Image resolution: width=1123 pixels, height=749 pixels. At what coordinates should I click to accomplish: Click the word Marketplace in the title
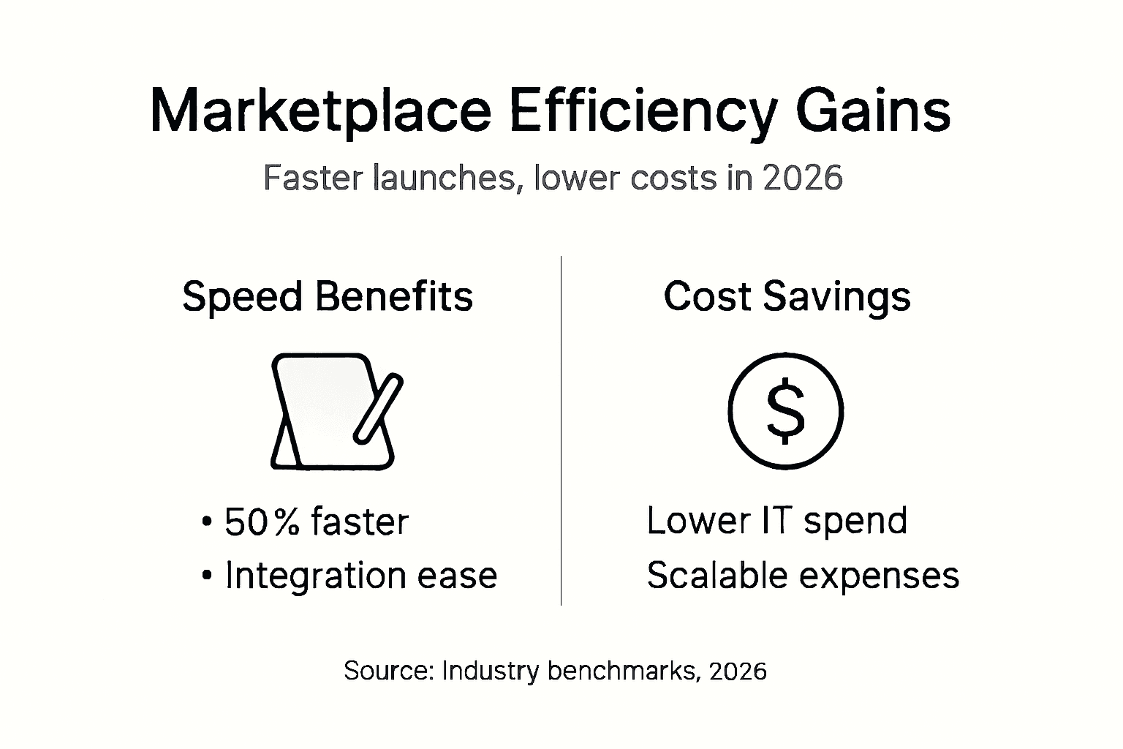319,110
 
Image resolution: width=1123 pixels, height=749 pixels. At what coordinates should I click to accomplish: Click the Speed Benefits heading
328,297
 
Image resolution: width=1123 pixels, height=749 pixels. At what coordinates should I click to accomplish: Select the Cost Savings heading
787,297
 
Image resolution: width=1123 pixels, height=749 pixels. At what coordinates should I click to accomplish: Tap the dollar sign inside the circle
786,411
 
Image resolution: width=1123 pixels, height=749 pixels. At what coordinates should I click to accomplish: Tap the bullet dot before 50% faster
206,522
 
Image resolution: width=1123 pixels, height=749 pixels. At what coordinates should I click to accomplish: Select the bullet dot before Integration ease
206,576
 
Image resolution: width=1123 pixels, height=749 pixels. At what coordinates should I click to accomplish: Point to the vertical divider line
561,432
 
